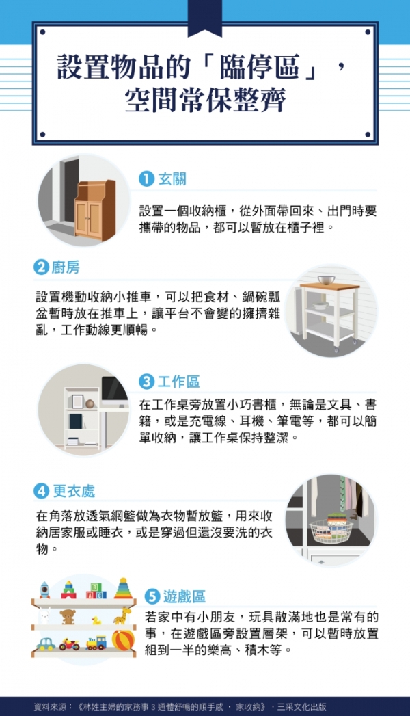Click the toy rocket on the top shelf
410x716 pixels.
(x=44, y=589)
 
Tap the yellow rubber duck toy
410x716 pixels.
(x=96, y=620)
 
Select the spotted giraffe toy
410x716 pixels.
(x=122, y=615)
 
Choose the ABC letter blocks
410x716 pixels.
(x=96, y=591)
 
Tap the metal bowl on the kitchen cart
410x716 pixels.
(x=326, y=280)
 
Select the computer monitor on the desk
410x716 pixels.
(x=113, y=388)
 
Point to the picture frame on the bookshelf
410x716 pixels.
(x=78, y=401)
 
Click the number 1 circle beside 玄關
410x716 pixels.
(x=146, y=178)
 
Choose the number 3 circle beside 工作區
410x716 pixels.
(x=146, y=381)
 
